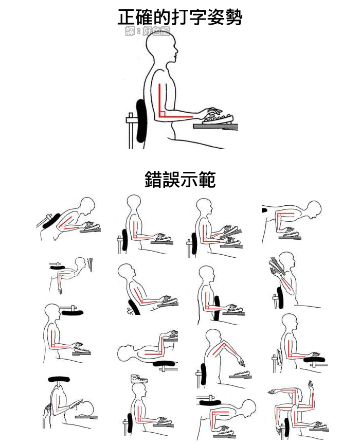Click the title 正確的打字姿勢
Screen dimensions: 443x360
pos(179,17)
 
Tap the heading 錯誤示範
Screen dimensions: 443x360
pos(179,180)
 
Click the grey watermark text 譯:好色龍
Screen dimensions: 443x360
pos(147,32)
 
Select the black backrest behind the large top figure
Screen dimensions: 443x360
pos(141,120)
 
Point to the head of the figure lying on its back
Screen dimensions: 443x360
pos(126,353)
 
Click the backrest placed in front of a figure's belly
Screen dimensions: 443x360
pos(216,308)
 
